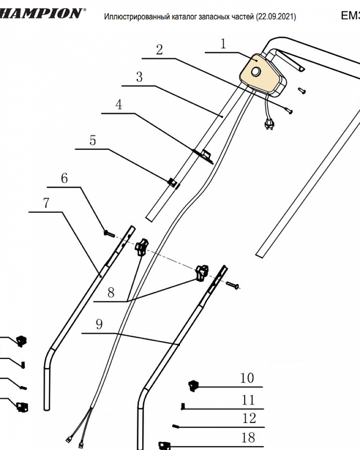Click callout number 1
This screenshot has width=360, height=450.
pyautogui.click(x=224, y=44)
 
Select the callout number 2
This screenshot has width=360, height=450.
pyautogui.click(x=159, y=49)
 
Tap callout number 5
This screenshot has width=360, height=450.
pyautogui.click(x=93, y=140)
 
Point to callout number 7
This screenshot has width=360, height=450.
pyautogui.click(x=46, y=203)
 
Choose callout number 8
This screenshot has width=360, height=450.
pyautogui.click(x=111, y=292)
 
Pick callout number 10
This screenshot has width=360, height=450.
pyautogui.click(x=247, y=378)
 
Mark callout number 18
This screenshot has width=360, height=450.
pyautogui.click(x=248, y=437)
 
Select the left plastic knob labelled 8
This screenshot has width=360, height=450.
pyautogui.click(x=141, y=247)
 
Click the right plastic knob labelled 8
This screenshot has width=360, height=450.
pyautogui.click(x=202, y=272)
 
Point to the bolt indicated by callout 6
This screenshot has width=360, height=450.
pyautogui.click(x=107, y=233)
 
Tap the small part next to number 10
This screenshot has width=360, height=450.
pyautogui.click(x=193, y=385)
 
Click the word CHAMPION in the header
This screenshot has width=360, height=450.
pyautogui.click(x=40, y=13)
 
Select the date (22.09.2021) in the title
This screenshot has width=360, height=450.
pyautogui.click(x=275, y=17)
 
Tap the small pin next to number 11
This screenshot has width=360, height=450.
pyautogui.click(x=183, y=407)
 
